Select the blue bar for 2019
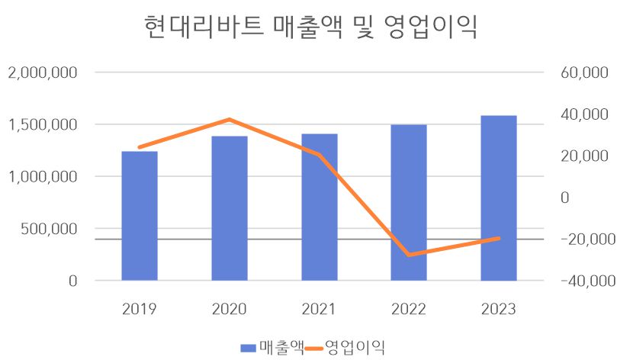tap(140, 216)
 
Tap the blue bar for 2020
tap(230, 208)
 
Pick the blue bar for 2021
tap(320, 207)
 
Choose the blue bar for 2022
tap(409, 202)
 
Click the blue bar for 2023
tap(499, 198)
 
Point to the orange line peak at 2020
tap(230, 120)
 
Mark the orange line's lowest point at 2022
tap(409, 255)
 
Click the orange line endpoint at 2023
tap(499, 238)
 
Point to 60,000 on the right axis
tap(582, 73)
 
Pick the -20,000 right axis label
tap(582, 239)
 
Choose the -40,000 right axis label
tap(582, 281)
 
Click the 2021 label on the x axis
tap(320, 309)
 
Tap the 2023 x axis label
tap(499, 309)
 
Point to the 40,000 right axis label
tap(582, 115)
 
